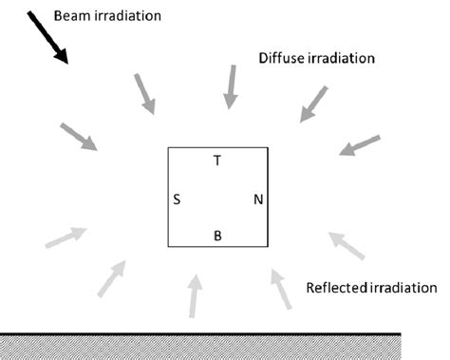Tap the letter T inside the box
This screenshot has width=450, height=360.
pos(217,161)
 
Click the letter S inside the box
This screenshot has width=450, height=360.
pos(178,199)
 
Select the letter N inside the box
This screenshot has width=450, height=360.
pos(257,199)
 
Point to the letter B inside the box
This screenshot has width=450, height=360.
pos(217,236)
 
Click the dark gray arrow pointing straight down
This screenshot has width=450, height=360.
pos(231,86)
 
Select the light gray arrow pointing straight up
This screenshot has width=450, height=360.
pos(194,295)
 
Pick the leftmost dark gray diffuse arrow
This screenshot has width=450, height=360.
pos(80,137)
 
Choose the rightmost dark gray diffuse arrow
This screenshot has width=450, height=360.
pos(360,145)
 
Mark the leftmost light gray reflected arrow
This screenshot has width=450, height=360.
pos(66,237)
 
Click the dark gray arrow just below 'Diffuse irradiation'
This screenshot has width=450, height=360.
pos(313,104)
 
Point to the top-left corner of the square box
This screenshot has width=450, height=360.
pos(169,149)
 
